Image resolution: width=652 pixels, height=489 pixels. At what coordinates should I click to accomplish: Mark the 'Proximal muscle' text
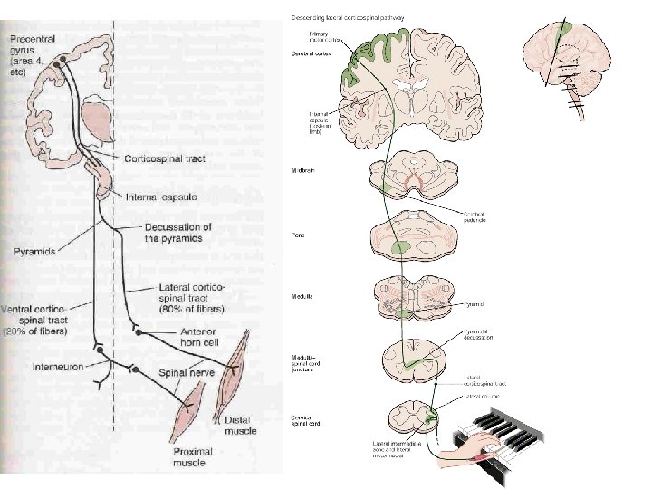196,458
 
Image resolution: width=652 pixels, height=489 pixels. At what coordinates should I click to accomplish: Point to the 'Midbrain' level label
302,169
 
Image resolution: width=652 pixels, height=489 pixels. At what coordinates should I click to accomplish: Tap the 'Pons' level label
296,235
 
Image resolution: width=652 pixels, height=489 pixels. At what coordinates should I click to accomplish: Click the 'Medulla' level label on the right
301,295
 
